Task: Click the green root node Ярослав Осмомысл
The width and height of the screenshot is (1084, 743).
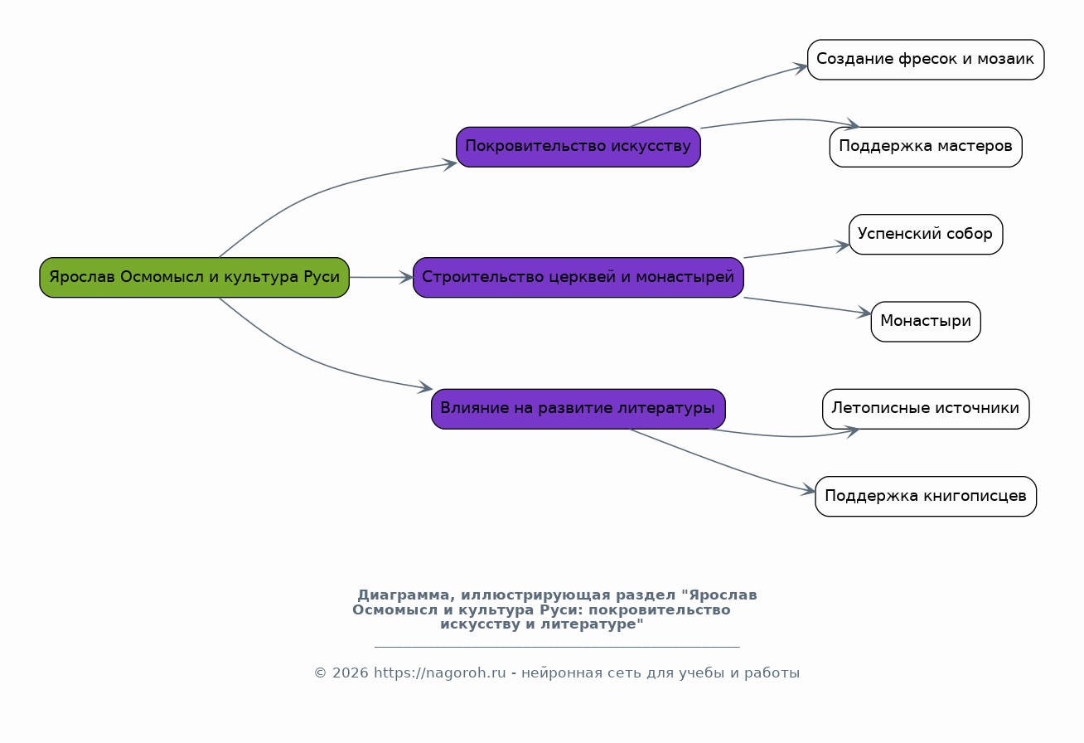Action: [194, 278]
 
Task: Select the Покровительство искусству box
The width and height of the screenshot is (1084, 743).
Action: [578, 147]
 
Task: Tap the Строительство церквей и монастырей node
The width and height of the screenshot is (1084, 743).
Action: [578, 278]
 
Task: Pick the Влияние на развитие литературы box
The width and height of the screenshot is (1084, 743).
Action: [578, 409]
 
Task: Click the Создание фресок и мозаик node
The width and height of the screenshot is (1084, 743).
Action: [925, 60]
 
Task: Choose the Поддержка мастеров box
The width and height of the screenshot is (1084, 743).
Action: [925, 147]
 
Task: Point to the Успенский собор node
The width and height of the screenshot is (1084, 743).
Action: [925, 234]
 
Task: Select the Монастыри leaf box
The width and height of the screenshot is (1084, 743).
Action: [925, 322]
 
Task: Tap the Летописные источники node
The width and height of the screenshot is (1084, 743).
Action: [925, 409]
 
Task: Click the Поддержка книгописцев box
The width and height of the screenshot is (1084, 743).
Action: [925, 496]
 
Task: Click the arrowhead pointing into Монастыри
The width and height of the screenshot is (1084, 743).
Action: [865, 313]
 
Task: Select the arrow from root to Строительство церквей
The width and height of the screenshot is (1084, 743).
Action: [381, 278]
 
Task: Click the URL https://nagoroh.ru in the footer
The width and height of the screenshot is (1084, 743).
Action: [439, 673]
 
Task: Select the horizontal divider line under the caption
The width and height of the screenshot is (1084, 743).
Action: [556, 647]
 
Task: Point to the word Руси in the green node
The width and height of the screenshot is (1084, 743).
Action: [322, 278]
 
